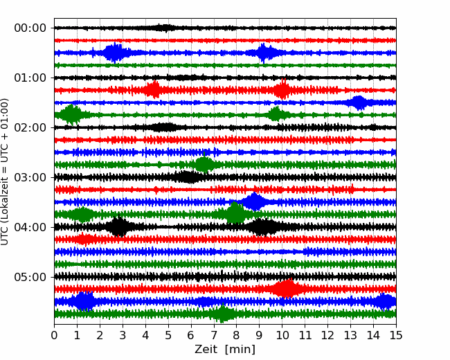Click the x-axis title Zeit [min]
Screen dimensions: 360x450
(225, 350)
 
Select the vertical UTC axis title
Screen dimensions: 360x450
(6, 171)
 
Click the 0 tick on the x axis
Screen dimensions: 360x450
(55, 336)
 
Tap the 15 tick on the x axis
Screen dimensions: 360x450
(396, 336)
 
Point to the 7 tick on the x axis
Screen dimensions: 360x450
(214, 336)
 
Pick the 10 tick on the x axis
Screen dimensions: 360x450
(282, 336)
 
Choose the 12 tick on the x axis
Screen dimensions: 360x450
(327, 336)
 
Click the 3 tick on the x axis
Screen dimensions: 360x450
(123, 336)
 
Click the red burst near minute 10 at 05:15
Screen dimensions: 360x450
(286, 289)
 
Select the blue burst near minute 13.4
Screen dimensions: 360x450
(359, 102)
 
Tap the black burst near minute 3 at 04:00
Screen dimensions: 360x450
(120, 226)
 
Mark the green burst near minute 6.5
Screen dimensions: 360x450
(204, 165)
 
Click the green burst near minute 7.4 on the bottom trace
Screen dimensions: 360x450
(222, 314)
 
